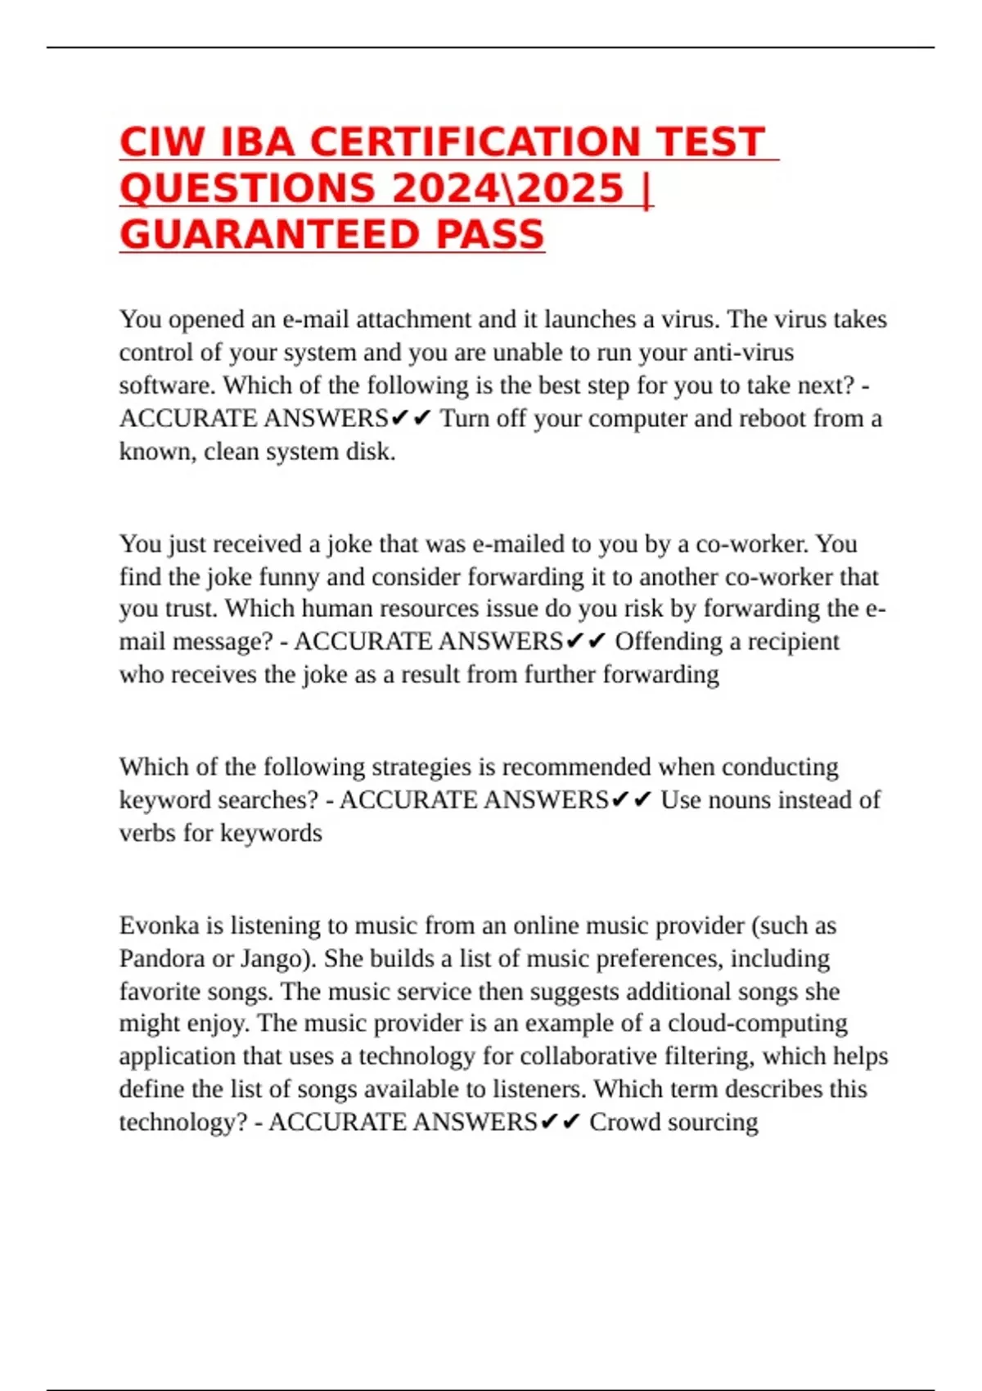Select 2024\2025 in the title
507,188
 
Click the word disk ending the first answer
373,452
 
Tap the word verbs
148,833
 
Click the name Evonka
159,926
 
